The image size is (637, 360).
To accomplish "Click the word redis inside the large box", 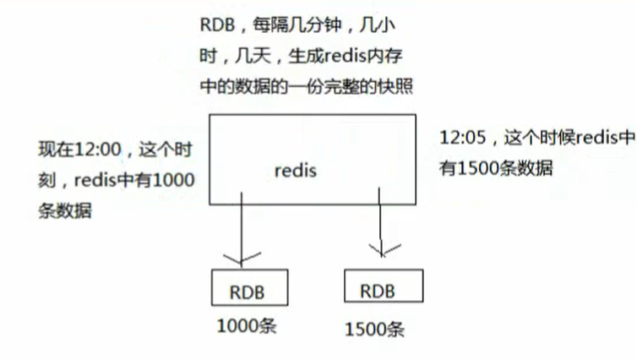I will click(295, 169).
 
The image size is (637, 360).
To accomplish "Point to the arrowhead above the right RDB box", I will click(383, 250).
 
